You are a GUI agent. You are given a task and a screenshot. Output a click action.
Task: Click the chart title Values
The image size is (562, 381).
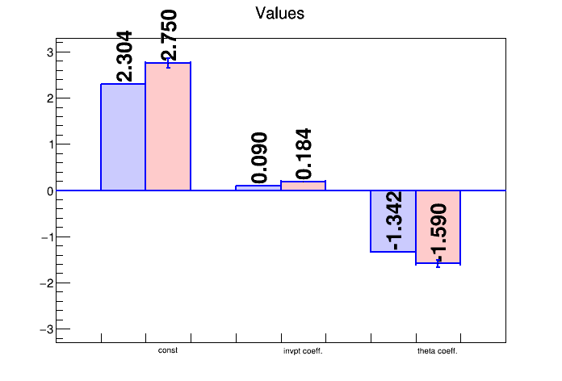click(279, 14)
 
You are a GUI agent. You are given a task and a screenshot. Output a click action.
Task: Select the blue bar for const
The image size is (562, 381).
click(123, 137)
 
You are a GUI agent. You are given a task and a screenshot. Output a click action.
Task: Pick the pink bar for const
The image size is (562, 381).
click(168, 127)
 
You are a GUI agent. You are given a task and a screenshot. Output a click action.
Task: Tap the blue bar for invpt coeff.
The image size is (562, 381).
click(258, 188)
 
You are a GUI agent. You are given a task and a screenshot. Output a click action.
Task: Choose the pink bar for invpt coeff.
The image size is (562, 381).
click(303, 186)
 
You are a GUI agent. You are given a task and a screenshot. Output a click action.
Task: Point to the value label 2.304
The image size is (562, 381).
click(124, 57)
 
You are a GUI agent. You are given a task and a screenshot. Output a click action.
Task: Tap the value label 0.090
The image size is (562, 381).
click(259, 158)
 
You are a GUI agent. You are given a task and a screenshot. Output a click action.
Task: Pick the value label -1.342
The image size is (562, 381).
click(394, 221)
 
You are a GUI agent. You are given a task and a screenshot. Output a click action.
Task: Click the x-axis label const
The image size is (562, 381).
click(168, 350)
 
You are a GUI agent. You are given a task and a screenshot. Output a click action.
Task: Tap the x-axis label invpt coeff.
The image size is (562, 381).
click(303, 351)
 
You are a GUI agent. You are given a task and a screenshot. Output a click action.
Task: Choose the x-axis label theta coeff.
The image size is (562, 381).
click(438, 351)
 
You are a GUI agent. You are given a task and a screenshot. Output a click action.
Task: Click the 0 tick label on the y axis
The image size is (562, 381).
click(49, 191)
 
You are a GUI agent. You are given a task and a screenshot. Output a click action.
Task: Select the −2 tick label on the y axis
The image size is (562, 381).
click(46, 283)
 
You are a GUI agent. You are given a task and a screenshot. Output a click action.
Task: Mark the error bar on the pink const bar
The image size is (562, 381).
click(168, 62)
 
